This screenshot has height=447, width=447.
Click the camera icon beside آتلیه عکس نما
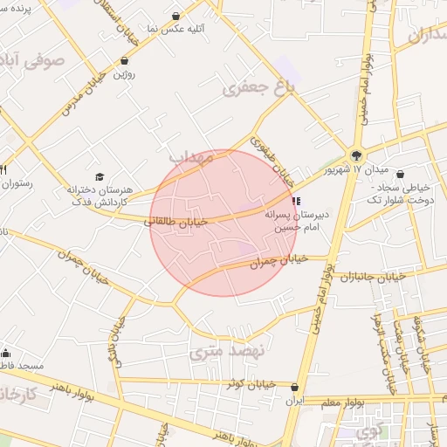177,17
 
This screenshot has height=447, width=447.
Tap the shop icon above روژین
126,62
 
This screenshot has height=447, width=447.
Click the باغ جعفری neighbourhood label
259,87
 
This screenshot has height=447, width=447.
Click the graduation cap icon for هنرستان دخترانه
98,175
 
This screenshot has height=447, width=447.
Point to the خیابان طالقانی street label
177,223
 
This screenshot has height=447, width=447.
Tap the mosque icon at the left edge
6,354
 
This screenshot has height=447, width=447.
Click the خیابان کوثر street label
251,384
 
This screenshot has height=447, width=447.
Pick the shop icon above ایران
295,387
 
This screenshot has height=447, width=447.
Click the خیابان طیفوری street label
271,161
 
